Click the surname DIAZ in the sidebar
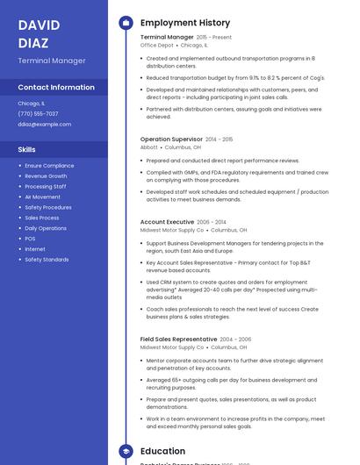[33, 41]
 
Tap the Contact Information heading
[56, 88]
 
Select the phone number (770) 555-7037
[38, 114]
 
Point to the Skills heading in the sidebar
[26, 149]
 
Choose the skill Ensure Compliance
[49, 166]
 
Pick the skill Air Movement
[42, 197]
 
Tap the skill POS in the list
[30, 239]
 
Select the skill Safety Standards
[47, 260]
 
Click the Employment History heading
[185, 23]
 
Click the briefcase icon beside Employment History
[126, 23]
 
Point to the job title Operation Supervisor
[171, 139]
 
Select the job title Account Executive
[167, 223]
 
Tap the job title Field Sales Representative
[178, 339]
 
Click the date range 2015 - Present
[214, 38]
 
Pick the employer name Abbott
[149, 147]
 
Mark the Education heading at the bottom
[163, 451]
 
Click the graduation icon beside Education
[126, 451]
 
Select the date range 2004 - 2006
[235, 339]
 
